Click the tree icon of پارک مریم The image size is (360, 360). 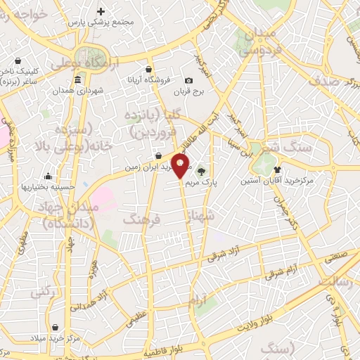(202, 171)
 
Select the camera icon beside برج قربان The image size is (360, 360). (189, 82)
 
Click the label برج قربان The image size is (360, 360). (189, 92)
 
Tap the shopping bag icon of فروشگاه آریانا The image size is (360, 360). (149, 69)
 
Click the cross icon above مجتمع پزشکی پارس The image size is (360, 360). (101, 11)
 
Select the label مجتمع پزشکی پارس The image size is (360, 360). (101, 22)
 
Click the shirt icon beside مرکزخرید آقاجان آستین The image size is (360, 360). (277, 169)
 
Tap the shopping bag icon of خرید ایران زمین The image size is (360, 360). (160, 156)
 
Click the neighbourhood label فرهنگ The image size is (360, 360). (142, 220)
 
